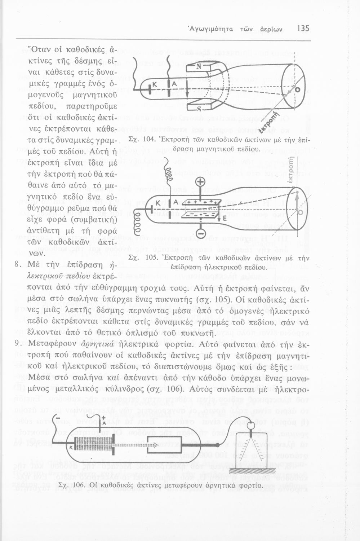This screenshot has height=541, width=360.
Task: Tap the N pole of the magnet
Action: point(199,67)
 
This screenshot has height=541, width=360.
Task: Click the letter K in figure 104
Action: point(155,84)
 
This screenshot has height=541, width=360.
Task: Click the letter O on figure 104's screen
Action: point(298,90)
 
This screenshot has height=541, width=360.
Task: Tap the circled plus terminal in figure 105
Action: point(200,181)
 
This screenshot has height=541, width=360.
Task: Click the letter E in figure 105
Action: point(224,219)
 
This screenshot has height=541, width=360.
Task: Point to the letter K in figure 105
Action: point(157,203)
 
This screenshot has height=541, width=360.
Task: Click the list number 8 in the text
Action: point(16,264)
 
